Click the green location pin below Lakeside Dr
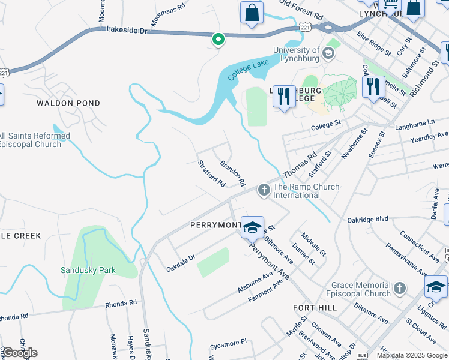click(218, 40)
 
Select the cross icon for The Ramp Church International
click(263, 190)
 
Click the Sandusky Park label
click(88, 270)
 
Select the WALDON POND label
click(68, 103)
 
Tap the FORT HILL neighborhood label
click(315, 307)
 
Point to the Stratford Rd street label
click(212, 173)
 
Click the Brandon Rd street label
click(232, 173)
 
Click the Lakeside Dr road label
click(126, 29)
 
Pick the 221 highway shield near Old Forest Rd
click(305, 28)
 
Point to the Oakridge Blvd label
click(368, 220)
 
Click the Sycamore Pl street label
click(228, 342)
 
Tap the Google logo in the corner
click(19, 352)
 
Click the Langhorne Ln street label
click(414, 123)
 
